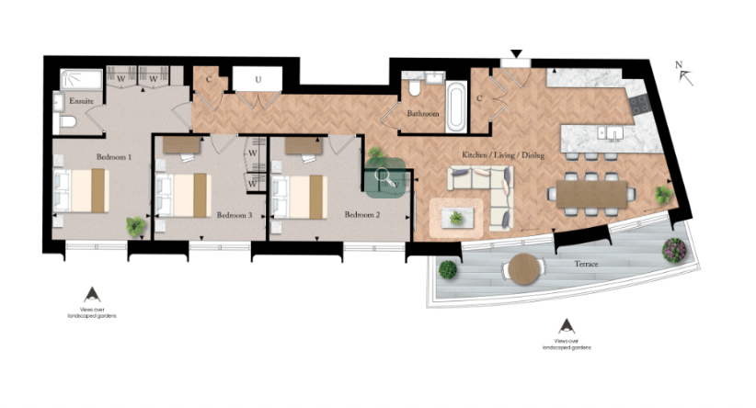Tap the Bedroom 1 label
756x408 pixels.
(114, 157)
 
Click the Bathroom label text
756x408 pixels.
(424, 114)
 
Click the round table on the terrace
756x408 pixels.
(521, 268)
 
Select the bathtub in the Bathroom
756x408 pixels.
(454, 100)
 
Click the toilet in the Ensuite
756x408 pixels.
(66, 122)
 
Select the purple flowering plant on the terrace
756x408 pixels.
(675, 248)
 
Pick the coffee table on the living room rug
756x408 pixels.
(454, 218)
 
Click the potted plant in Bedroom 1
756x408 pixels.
(136, 225)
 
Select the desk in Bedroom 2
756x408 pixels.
(303, 145)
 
